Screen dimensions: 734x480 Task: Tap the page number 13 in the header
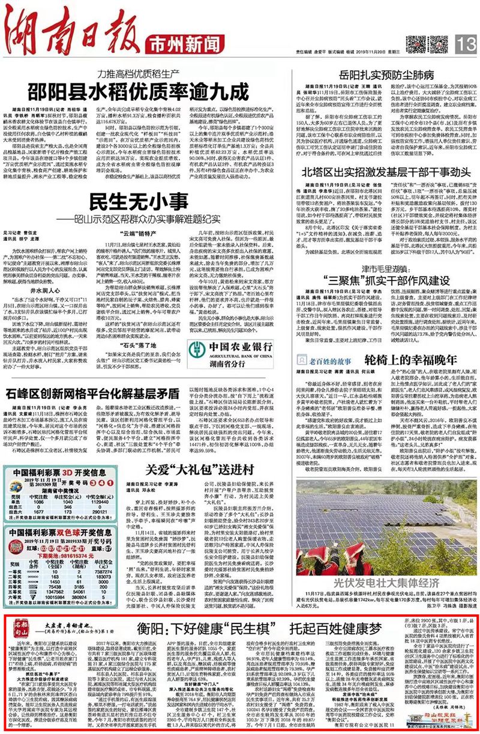coord(464,44)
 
